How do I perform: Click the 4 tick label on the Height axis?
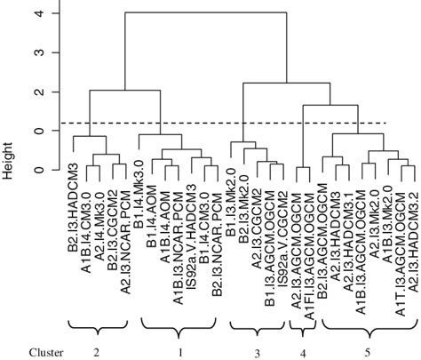click(36, 13)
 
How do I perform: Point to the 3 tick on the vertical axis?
click(36, 52)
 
